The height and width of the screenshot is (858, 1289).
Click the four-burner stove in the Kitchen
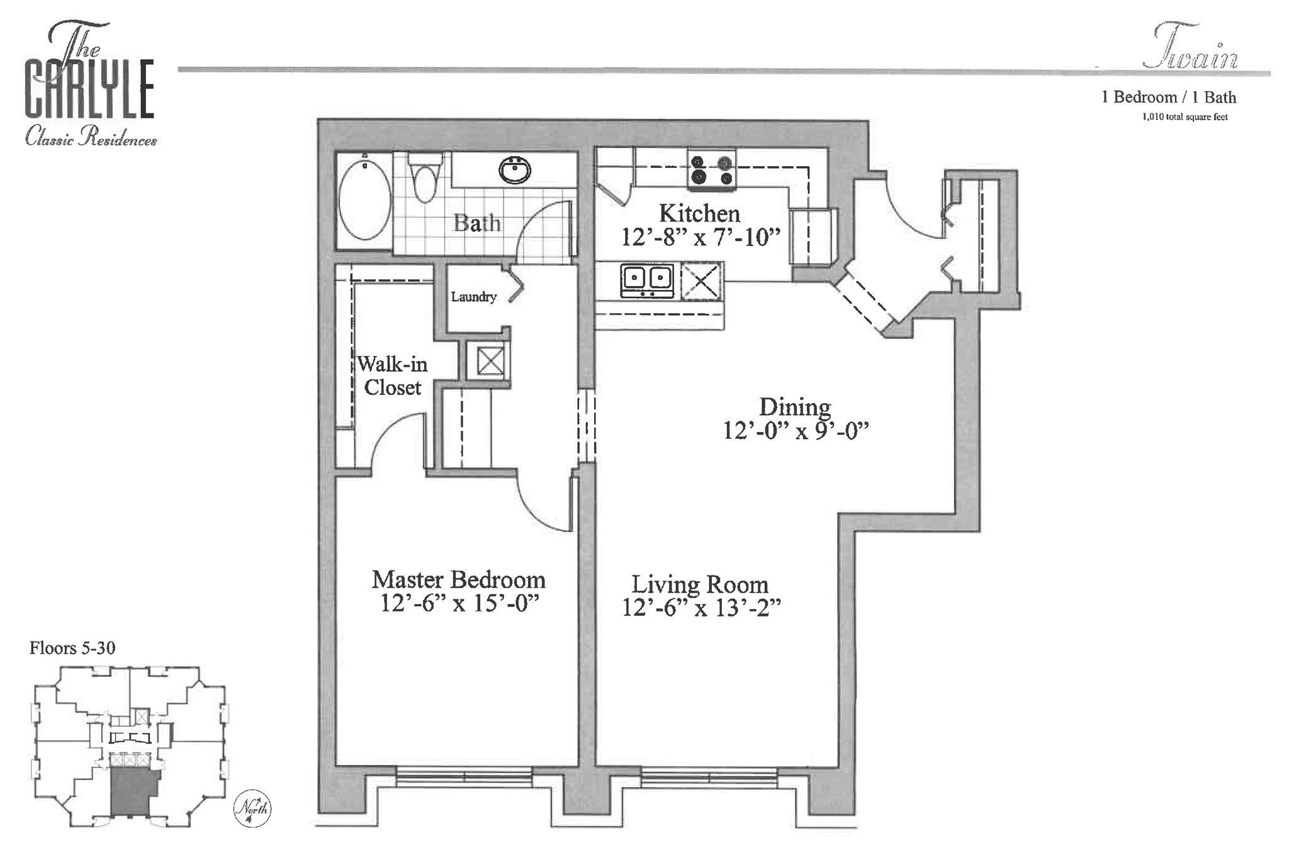coord(712,170)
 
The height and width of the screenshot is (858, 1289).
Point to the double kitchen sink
coord(646,281)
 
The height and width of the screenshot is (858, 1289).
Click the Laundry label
coord(473,297)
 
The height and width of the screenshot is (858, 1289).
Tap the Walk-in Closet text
coord(392,376)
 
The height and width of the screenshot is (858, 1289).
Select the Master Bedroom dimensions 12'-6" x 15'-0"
coord(459,604)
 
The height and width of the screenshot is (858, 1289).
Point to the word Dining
coord(795,407)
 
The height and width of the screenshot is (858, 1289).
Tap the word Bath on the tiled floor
coord(477,223)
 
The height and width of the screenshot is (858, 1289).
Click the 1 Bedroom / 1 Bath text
coord(1168,97)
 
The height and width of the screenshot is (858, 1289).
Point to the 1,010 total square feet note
coord(1185,117)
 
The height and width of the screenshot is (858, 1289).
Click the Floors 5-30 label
coord(72,648)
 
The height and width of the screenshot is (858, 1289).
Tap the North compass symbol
coord(252,808)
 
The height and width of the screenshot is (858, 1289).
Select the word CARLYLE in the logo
coord(89,89)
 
